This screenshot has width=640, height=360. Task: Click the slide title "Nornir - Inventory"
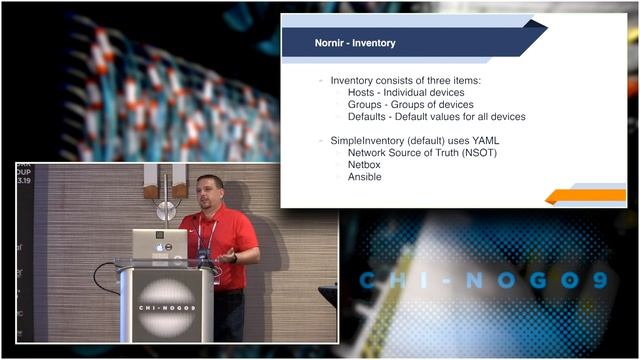341,43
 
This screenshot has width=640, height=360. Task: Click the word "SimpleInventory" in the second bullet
369,141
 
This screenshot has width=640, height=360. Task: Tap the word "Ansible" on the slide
365,177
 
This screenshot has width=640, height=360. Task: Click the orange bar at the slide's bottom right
589,195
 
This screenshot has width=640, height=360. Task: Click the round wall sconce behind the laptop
165,209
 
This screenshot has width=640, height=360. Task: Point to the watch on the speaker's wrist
234,258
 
